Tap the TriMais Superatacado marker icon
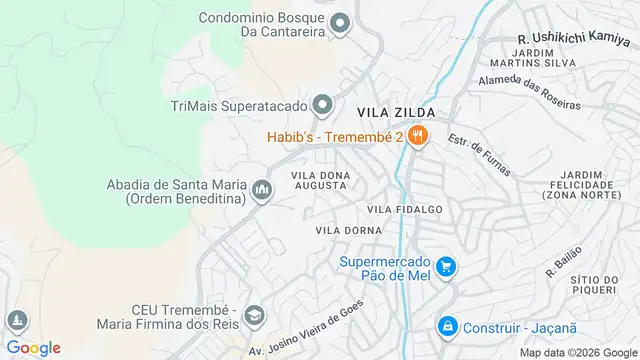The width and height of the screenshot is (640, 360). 322,104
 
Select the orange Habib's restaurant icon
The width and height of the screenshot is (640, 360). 418,137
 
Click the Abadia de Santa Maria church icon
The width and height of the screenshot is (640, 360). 262,189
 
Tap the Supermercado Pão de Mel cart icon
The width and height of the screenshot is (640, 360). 447,267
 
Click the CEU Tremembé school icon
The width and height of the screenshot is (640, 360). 254,316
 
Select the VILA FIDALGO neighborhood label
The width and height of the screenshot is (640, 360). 404,209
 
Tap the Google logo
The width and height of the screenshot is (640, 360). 34,347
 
